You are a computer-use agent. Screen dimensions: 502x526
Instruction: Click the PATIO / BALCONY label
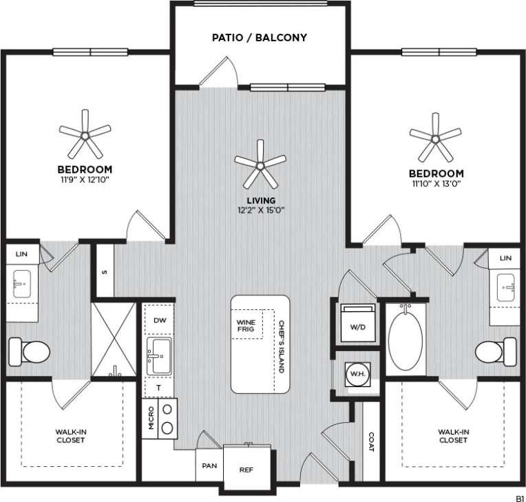(x=259, y=37)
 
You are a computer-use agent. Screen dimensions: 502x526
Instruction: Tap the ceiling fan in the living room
(x=260, y=164)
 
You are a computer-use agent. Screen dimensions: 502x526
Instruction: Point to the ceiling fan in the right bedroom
(x=435, y=138)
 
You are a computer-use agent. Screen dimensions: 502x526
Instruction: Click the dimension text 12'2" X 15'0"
(x=260, y=210)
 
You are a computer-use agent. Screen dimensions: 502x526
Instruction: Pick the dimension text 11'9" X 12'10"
(x=85, y=180)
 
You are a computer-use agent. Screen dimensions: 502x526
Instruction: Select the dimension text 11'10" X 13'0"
(x=436, y=184)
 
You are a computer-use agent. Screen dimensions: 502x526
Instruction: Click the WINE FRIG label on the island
(x=246, y=326)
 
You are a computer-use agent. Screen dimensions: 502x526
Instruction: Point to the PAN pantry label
(x=209, y=466)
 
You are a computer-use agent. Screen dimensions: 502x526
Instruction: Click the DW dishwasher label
(x=159, y=320)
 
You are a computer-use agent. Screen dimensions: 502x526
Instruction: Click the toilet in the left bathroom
(x=28, y=352)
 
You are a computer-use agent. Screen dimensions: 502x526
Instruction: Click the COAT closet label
(x=371, y=442)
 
